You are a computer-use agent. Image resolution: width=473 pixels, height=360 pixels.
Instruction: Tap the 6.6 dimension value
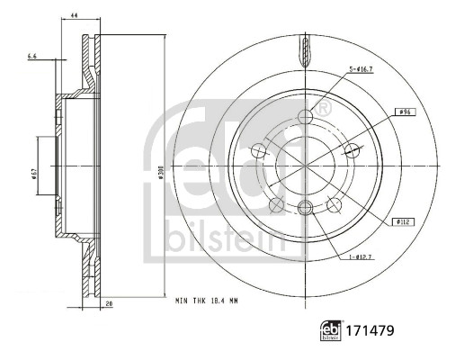(x=33, y=57)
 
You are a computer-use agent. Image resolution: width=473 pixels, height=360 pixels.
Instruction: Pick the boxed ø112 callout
(x=401, y=220)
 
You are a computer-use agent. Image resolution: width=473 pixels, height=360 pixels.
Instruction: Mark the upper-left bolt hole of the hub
(x=259, y=150)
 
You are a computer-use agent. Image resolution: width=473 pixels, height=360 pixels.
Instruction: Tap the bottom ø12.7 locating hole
(x=305, y=209)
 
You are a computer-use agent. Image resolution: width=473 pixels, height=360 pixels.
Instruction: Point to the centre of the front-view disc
(x=305, y=166)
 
